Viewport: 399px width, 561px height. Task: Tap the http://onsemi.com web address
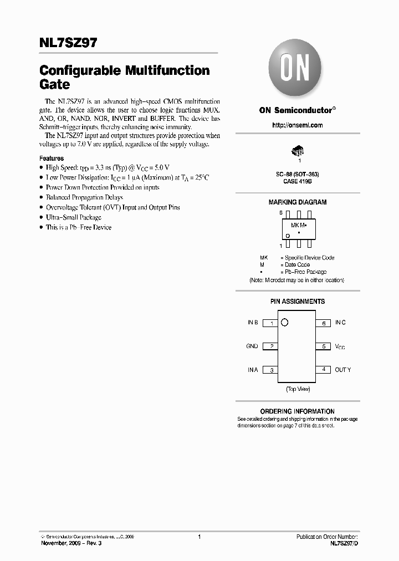(x=297, y=125)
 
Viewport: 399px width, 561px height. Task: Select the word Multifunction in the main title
(x=167, y=71)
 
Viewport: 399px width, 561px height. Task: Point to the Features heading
(x=52, y=159)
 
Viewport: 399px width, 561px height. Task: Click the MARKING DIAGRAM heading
(x=297, y=202)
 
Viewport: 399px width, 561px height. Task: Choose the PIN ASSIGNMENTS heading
(x=297, y=302)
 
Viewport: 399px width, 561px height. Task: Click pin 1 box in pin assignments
(x=270, y=323)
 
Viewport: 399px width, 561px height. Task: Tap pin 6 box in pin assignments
(x=324, y=323)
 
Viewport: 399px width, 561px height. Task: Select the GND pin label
(x=252, y=346)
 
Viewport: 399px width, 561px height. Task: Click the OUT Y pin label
(x=342, y=370)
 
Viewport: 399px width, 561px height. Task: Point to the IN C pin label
(x=340, y=323)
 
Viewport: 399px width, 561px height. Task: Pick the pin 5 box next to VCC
(x=324, y=346)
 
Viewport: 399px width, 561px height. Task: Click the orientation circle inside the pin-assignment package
(x=285, y=323)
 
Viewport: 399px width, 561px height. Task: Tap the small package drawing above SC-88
(x=298, y=151)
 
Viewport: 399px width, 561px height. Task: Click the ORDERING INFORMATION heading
(x=297, y=411)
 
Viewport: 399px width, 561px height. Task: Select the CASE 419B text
(x=297, y=181)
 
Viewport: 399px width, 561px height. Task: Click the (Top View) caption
(x=298, y=389)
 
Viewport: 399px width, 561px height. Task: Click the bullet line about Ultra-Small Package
(x=73, y=217)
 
